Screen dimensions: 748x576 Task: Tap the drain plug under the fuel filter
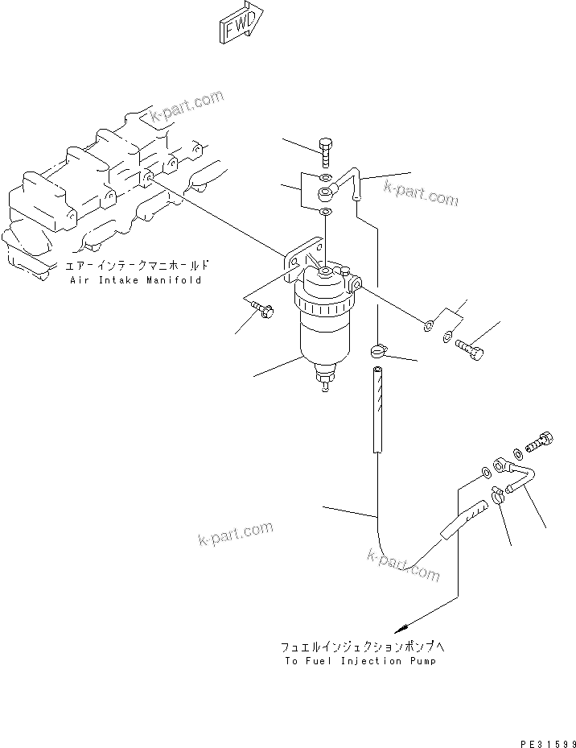(x=325, y=381)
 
